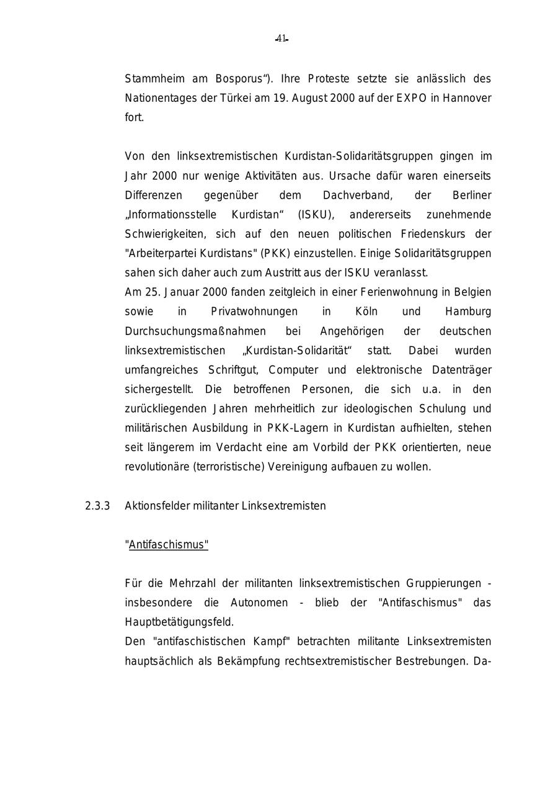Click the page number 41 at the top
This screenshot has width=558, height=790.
pyautogui.click(x=281, y=39)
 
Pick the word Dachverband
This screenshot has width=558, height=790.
pyautogui.click(x=357, y=195)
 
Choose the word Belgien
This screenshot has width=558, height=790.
pyautogui.click(x=472, y=292)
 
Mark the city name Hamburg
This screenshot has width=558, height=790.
pyautogui.click(x=468, y=312)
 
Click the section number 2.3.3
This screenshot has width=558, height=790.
pyautogui.click(x=97, y=506)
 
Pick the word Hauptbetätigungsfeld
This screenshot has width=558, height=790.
pyautogui.click(x=179, y=622)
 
